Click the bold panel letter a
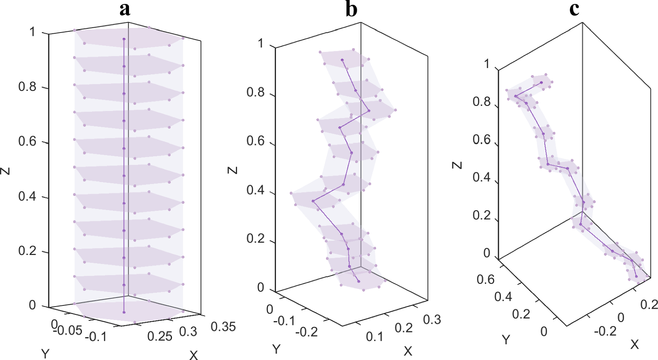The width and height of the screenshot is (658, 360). click(125, 9)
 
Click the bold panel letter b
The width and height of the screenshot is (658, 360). click(351, 9)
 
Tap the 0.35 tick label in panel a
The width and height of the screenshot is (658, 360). click(223, 327)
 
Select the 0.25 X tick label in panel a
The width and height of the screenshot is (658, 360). click(160, 336)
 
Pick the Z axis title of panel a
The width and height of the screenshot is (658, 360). click(5, 171)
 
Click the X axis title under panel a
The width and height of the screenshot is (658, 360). click(193, 355)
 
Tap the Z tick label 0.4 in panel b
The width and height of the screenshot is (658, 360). click(256, 190)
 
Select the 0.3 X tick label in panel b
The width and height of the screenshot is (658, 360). click(432, 320)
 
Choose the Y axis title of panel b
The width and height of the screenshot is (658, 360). click(276, 349)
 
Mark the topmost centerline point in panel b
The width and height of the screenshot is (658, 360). click(342, 60)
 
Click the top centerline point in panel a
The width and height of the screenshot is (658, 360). click(124, 39)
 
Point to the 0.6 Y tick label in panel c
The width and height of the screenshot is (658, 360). click(485, 279)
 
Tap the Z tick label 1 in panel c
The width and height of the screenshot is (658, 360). click(486, 64)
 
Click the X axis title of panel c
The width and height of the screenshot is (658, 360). click(634, 345)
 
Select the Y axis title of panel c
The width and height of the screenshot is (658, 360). click(506, 339)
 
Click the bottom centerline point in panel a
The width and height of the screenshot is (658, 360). click(124, 312)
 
